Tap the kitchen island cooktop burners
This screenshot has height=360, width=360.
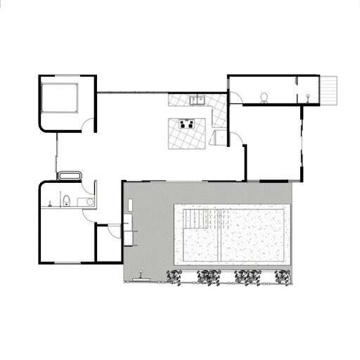click(188, 125)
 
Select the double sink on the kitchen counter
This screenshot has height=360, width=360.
click(196, 100)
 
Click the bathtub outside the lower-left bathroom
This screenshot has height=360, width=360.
click(70, 174)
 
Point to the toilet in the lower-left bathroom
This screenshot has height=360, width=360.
click(65, 202)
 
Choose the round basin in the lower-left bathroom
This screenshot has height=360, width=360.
click(89, 202)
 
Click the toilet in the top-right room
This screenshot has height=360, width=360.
click(264, 97)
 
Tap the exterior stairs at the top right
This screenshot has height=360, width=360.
click(329, 89)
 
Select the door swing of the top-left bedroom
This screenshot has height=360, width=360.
click(89, 125)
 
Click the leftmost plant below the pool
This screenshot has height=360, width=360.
click(174, 278)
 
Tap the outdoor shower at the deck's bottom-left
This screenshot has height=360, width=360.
click(141, 276)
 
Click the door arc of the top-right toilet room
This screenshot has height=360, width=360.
click(235, 96)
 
